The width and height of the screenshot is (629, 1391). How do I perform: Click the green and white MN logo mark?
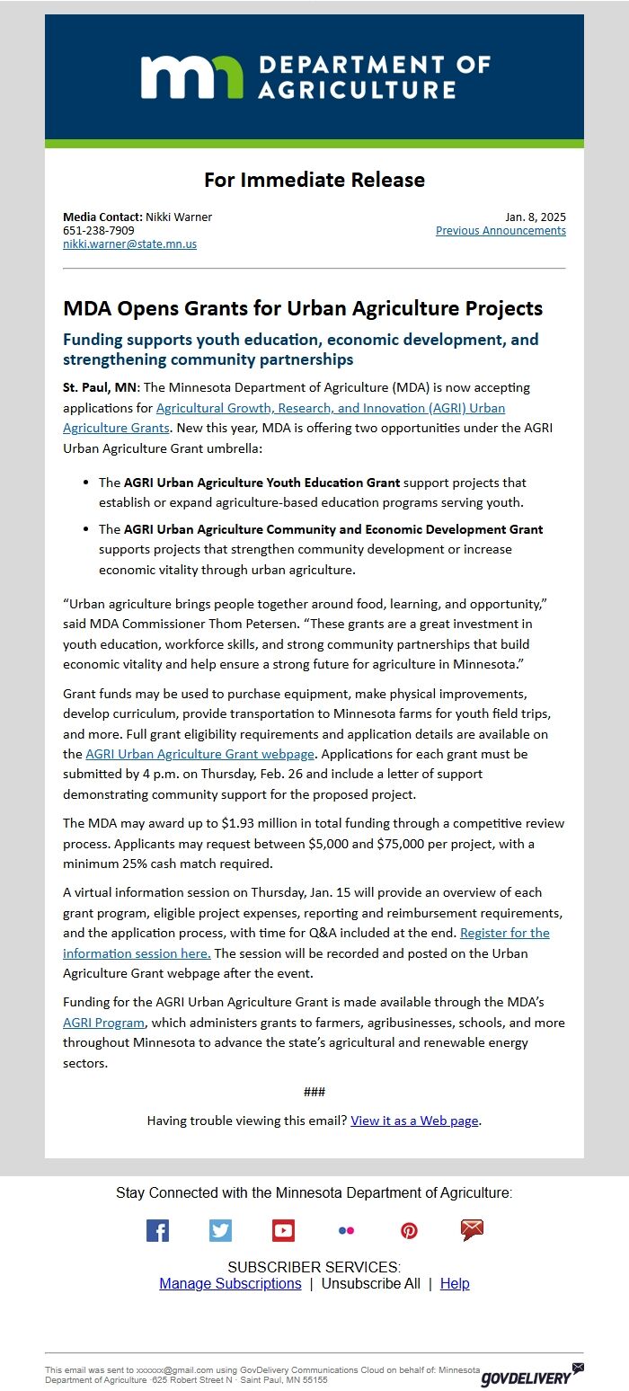[x=191, y=76]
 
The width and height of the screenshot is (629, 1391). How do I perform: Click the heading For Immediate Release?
[x=314, y=180]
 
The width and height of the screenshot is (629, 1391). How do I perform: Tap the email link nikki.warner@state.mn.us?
[x=129, y=244]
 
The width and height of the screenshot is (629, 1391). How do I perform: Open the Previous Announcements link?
[x=501, y=230]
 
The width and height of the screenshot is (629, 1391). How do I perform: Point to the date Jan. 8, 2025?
[x=535, y=217]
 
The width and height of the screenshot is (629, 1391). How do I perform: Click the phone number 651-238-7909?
[x=99, y=230]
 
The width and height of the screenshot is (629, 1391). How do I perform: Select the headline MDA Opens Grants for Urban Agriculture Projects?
[x=303, y=308]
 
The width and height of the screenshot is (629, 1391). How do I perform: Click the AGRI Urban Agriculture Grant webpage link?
[x=199, y=753]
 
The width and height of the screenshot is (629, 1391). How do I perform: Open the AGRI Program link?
[x=103, y=1023]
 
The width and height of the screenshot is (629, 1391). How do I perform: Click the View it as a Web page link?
[x=414, y=1121]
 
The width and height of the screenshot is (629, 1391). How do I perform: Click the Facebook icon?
[x=157, y=1230]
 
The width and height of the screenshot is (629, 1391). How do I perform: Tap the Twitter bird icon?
[x=220, y=1230]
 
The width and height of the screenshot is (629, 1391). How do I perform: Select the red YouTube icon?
[x=283, y=1230]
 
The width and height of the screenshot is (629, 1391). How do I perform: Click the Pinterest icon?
[x=409, y=1230]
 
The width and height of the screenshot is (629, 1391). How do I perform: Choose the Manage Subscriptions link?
[x=230, y=1283]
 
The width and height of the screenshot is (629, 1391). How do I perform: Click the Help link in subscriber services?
[x=455, y=1283]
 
